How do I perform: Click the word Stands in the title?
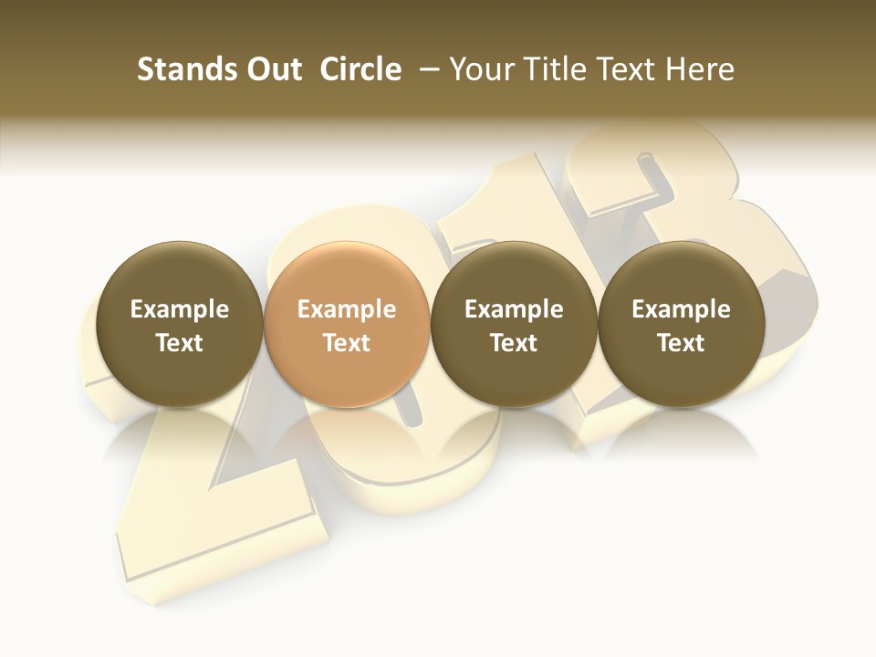182,69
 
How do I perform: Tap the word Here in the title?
700,69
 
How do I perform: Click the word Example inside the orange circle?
347,309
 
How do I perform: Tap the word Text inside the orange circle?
347,343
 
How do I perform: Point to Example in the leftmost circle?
180,309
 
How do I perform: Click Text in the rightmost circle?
682,343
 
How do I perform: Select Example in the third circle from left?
514,309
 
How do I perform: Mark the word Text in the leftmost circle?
180,343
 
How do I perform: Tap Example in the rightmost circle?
682,309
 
